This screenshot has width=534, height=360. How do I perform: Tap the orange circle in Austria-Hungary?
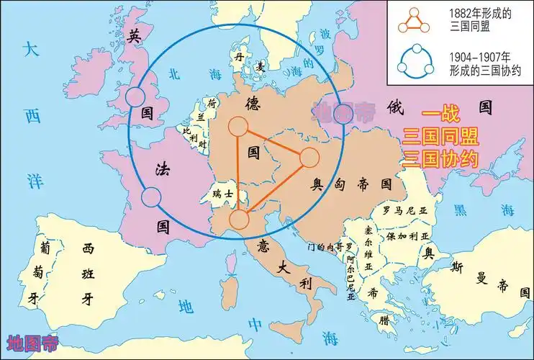308,157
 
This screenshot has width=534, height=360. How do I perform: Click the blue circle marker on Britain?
135,97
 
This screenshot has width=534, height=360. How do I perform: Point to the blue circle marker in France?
151,196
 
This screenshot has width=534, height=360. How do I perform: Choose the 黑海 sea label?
485,210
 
